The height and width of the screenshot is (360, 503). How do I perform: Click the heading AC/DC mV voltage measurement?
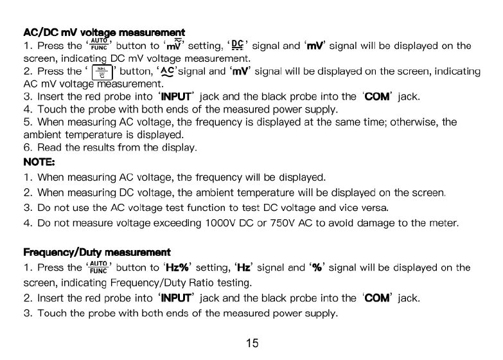click(104, 32)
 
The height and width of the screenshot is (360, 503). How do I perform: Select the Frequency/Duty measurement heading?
click(97, 253)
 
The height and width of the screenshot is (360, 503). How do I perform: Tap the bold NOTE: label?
click(39, 162)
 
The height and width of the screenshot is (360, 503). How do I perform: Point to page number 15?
click(252, 343)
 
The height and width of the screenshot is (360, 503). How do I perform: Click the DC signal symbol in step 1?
click(237, 45)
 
